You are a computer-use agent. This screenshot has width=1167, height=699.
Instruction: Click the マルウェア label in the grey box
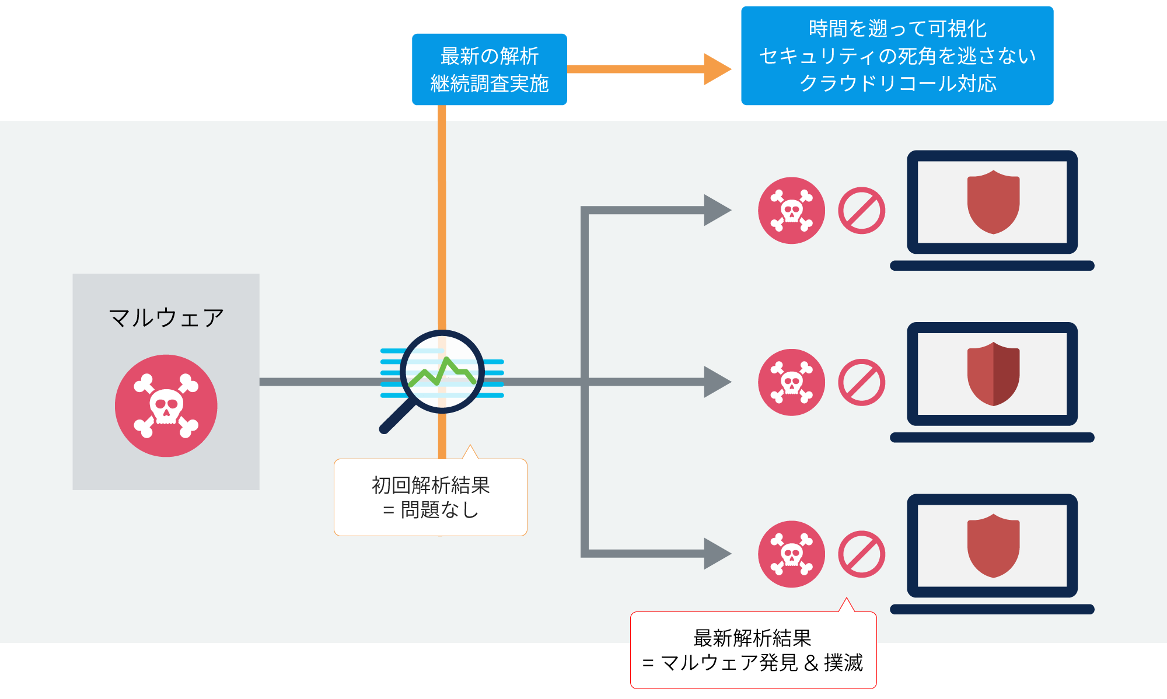(166, 318)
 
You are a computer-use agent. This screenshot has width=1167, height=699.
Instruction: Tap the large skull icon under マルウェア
(166, 406)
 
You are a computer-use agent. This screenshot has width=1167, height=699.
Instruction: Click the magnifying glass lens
(442, 372)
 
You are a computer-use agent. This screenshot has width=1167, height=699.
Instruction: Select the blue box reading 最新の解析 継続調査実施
(489, 69)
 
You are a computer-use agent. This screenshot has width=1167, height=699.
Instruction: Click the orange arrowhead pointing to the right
(716, 69)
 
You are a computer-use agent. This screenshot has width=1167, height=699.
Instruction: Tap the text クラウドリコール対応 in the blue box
(897, 83)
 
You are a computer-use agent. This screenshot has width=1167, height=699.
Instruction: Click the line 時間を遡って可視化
(897, 29)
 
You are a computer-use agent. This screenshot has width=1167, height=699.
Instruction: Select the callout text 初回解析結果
(431, 485)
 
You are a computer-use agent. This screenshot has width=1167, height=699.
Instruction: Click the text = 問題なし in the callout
(431, 510)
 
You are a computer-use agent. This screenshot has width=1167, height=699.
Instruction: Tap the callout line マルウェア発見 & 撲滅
(753, 663)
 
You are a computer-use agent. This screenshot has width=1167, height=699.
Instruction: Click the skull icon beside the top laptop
(791, 211)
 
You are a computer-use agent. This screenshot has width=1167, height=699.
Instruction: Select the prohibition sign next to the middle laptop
(861, 382)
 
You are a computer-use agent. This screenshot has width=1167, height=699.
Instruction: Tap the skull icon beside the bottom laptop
(791, 554)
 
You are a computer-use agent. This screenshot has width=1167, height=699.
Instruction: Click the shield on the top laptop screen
(993, 201)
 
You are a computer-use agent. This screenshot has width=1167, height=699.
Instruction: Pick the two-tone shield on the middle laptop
(993, 373)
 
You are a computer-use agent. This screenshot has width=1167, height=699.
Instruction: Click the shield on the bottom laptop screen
(993, 545)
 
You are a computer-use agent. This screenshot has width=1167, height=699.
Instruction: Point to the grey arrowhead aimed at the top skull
(716, 210)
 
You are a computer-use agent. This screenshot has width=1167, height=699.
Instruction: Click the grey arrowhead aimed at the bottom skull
(716, 553)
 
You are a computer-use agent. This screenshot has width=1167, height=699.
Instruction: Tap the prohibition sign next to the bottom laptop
(861, 554)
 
